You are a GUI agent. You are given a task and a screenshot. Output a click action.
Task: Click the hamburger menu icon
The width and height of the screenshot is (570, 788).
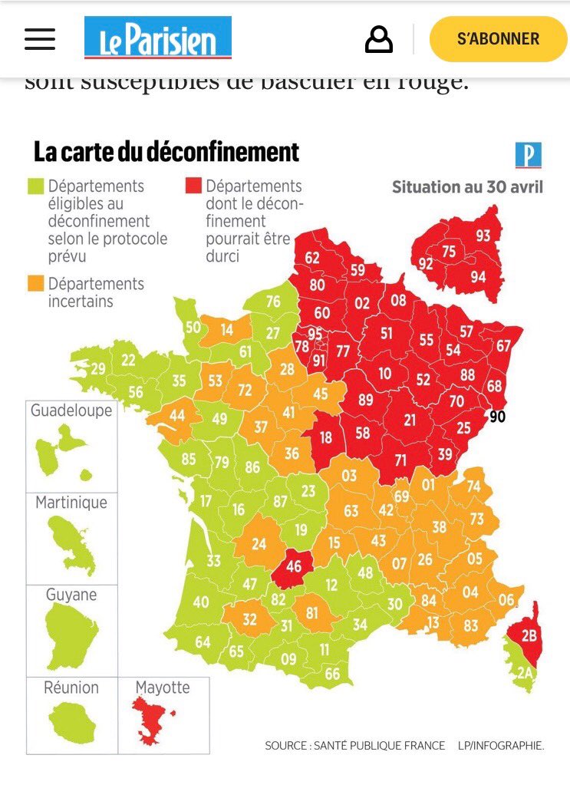[x=40, y=39]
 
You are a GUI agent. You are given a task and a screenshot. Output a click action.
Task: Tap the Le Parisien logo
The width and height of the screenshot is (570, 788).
[x=157, y=38]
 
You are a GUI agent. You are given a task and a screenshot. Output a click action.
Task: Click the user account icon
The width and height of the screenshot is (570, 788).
[x=378, y=39]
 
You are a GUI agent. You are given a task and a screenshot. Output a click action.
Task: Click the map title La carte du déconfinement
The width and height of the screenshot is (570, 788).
[x=166, y=151]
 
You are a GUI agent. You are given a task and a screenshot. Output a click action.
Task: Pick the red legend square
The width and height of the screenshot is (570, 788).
[x=193, y=187]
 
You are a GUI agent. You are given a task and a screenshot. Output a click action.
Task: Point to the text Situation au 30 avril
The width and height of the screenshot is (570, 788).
[x=467, y=187]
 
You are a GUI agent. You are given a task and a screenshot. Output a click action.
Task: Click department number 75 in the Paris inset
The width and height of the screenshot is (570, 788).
[x=449, y=252]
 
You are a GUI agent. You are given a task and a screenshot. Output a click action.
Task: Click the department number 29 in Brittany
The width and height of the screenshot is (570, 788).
[x=98, y=368]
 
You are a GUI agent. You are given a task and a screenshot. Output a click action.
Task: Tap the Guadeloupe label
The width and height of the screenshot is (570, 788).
[x=71, y=410]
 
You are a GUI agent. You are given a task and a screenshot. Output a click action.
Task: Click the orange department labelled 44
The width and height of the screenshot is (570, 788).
[x=176, y=415]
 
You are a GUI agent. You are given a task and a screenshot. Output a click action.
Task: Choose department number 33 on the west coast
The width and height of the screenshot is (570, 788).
[x=213, y=561]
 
